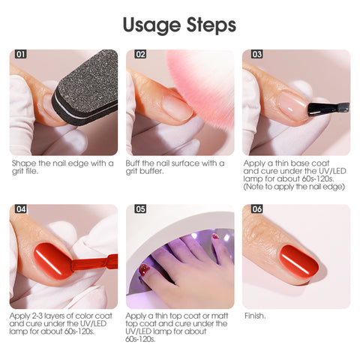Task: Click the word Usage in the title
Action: point(151,25)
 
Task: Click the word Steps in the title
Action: point(211,24)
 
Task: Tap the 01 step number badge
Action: point(21,54)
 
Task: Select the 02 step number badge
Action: point(140,54)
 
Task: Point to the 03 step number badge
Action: point(257,54)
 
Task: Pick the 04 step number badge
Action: point(21,209)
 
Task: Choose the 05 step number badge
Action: point(140,209)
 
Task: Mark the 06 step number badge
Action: point(257,209)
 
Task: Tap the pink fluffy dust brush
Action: point(202,85)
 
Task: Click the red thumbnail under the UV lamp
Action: point(144,270)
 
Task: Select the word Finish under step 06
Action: point(255,316)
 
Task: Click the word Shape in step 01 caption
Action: point(25,164)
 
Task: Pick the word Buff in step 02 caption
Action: point(133,163)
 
